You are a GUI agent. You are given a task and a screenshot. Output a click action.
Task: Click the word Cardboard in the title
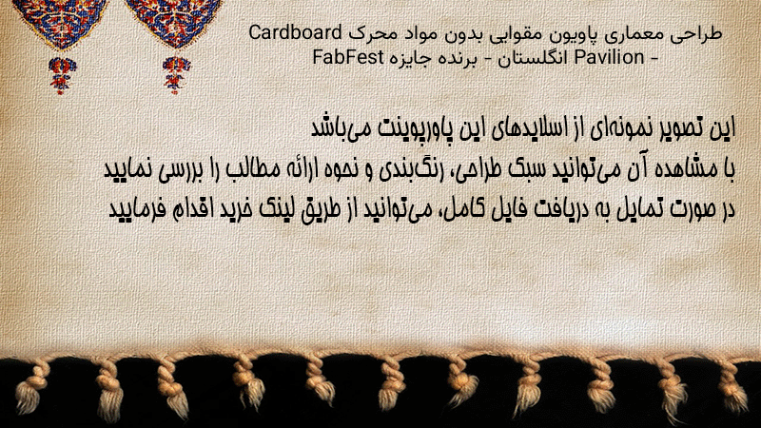coord(296,32)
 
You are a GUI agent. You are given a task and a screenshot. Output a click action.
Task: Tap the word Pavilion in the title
coord(609,57)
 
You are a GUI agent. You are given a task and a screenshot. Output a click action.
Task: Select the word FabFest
coord(348,57)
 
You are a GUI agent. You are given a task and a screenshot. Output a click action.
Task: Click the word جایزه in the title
coord(412,59)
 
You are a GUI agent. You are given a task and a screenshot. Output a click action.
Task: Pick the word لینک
coord(278,209)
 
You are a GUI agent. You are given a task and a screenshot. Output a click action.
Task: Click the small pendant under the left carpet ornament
coord(61,75)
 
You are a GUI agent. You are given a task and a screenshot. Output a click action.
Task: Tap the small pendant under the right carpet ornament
coord(176,74)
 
